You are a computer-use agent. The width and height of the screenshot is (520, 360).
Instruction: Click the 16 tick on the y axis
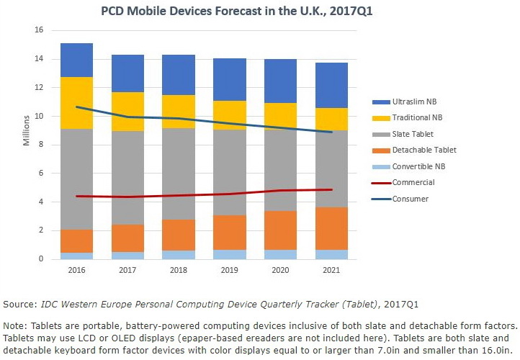coord(39,30)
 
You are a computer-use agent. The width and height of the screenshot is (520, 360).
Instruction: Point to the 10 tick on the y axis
coord(39,116)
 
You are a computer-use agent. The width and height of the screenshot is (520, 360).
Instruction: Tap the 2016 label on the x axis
coord(77,271)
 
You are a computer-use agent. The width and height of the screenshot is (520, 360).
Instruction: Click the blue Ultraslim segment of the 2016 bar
coord(77,60)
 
